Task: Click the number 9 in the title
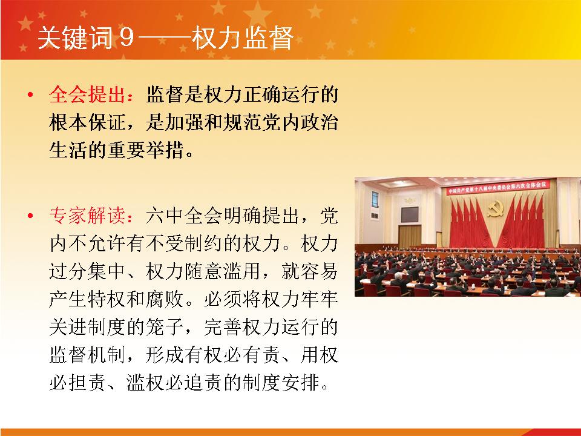(x=126, y=38)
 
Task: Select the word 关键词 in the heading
(x=75, y=38)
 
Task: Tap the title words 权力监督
(x=243, y=38)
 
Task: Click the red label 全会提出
(x=87, y=94)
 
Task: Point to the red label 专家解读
(x=87, y=216)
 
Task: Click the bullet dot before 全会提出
(x=30, y=95)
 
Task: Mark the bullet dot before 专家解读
(x=30, y=216)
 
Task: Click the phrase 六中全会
(x=184, y=216)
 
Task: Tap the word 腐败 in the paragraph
(x=165, y=299)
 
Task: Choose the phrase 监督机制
(x=87, y=354)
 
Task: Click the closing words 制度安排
(x=281, y=382)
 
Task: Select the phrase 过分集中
(x=87, y=271)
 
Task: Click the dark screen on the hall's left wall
(x=410, y=214)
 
